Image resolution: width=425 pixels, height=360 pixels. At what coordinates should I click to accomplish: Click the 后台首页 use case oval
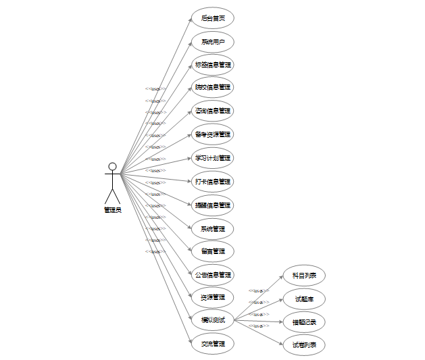click(213, 18)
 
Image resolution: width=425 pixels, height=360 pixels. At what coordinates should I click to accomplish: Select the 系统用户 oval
click(213, 42)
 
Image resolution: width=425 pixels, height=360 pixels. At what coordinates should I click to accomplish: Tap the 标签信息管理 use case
click(213, 65)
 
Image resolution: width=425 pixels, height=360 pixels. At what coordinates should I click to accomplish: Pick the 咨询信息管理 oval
click(213, 111)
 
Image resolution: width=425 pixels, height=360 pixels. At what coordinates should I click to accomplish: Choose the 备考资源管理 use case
click(213, 134)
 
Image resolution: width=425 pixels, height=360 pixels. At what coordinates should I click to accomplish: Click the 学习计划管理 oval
click(213, 158)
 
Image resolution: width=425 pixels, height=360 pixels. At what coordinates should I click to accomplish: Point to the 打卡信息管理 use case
click(213, 181)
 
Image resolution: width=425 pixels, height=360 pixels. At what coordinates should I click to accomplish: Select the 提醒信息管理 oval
click(213, 205)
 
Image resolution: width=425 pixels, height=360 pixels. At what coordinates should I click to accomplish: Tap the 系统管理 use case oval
click(213, 228)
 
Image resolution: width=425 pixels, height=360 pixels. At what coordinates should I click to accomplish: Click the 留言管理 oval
click(213, 251)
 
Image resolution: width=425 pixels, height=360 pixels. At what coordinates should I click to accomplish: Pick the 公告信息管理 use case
click(213, 275)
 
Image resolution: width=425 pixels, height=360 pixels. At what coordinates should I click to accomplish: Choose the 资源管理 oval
click(213, 297)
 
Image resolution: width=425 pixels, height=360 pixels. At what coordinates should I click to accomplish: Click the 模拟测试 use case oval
click(213, 320)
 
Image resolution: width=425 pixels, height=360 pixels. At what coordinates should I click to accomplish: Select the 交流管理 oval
click(213, 344)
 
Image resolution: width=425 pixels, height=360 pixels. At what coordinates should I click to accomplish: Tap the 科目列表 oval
click(304, 275)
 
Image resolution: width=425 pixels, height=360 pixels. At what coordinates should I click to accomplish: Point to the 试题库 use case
click(304, 298)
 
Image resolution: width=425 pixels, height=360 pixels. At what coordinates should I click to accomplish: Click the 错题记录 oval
click(304, 322)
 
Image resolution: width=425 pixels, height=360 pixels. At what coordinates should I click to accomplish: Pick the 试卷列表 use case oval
click(304, 344)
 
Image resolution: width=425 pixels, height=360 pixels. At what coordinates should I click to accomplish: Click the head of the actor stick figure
click(112, 166)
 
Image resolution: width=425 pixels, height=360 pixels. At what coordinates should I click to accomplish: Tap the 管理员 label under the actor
click(112, 210)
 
